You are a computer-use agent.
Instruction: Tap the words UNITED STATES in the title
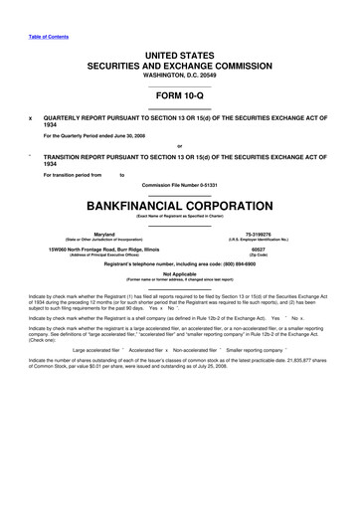click(180, 49)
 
